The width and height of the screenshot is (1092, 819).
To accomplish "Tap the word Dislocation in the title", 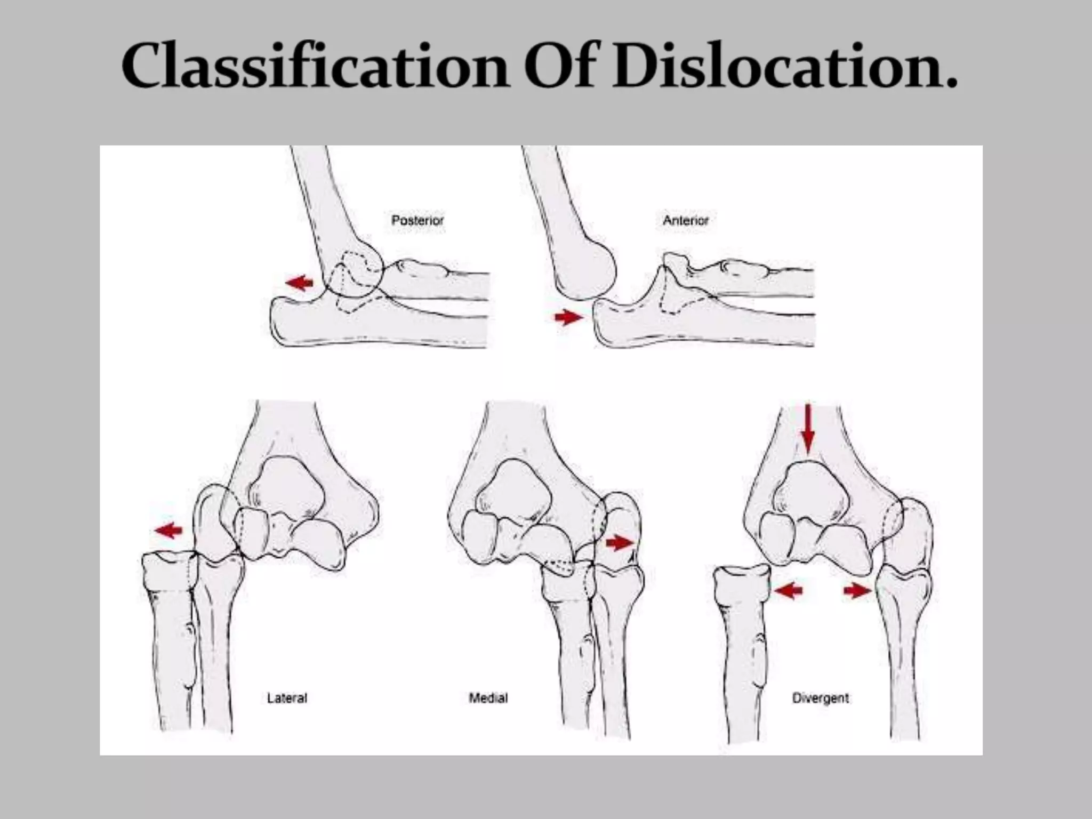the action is pyautogui.click(x=784, y=67).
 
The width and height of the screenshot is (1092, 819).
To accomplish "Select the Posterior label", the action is pyautogui.click(x=417, y=220).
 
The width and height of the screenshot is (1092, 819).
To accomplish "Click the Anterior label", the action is pyautogui.click(x=686, y=220).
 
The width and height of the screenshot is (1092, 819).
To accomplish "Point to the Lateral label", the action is pyautogui.click(x=287, y=697).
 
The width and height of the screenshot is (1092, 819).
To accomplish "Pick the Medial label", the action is pyautogui.click(x=488, y=697).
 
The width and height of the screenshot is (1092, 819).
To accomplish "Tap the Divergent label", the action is pyautogui.click(x=821, y=697).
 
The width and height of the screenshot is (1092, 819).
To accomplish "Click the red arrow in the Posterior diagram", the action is pyautogui.click(x=300, y=282).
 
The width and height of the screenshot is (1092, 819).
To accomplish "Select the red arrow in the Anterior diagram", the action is pyautogui.click(x=569, y=318).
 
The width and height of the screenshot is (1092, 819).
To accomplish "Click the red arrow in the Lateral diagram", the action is pyautogui.click(x=168, y=530).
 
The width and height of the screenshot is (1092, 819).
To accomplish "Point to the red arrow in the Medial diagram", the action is pyautogui.click(x=620, y=543).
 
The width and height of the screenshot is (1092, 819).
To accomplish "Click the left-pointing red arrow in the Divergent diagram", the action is pyautogui.click(x=788, y=590).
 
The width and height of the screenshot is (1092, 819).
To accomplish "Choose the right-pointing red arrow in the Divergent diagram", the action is pyautogui.click(x=857, y=590).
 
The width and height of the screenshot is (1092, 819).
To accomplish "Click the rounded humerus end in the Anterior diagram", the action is pyautogui.click(x=587, y=272).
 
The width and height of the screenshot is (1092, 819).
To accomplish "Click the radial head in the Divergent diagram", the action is pyautogui.click(x=742, y=584).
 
